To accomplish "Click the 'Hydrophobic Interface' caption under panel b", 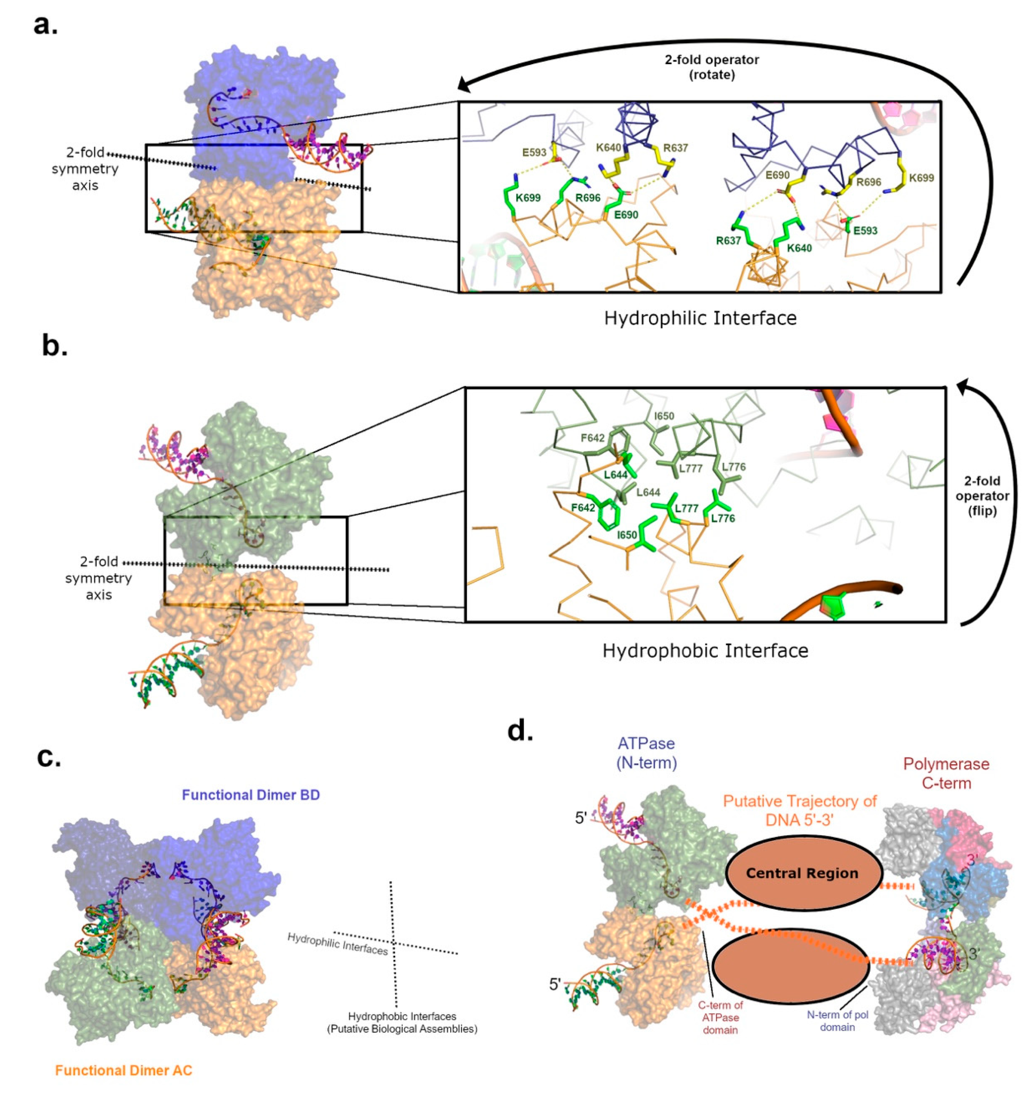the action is [705, 651].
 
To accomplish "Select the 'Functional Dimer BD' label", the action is [251, 795].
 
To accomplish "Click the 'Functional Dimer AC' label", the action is [124, 1070].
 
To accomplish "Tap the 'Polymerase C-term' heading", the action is [946, 773].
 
